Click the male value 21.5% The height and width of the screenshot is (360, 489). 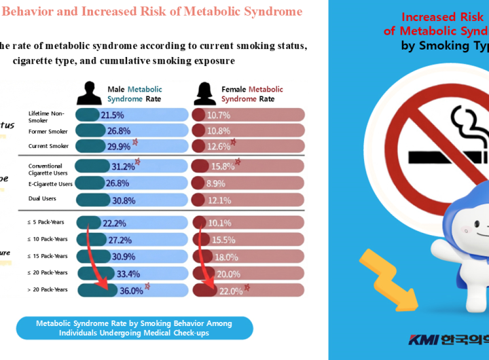(112, 115)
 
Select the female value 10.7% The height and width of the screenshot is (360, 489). (219, 115)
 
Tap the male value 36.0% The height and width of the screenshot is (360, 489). (131, 290)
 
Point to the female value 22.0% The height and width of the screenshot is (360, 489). (230, 290)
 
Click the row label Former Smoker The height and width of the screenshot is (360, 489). (48, 131)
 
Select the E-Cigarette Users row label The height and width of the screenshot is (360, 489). (50, 183)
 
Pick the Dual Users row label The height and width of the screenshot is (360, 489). (42, 198)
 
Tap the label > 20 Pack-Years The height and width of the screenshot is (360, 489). (48, 289)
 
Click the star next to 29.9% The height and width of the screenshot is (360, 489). (135, 142)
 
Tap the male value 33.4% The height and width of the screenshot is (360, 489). (128, 274)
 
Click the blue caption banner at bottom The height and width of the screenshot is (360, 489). (134, 328)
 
